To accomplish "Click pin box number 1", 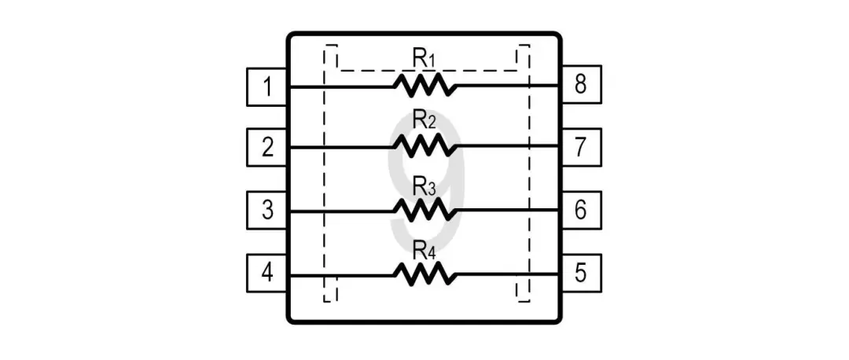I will (267, 86).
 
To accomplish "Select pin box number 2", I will (267, 147).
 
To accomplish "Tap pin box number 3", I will (267, 211).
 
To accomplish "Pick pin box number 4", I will (267, 274).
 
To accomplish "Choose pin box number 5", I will (581, 274).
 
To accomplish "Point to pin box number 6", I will (581, 211).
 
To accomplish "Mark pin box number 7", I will (581, 147).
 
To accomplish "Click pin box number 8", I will (581, 85).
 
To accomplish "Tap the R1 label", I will (424, 58).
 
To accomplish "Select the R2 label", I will (424, 121).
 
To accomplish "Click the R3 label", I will (424, 186).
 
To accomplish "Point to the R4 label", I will (424, 250).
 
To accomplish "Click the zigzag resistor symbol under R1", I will (424, 85).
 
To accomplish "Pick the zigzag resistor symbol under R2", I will (424, 146).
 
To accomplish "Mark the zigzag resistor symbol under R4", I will (424, 274).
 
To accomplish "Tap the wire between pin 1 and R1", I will (342, 86).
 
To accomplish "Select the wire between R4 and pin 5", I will (507, 274).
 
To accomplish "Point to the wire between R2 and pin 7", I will (507, 147).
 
